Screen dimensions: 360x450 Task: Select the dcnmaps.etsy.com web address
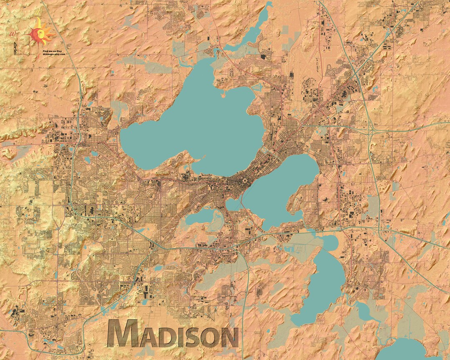pos(54,54)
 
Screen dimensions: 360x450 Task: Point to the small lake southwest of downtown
pos(200,217)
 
